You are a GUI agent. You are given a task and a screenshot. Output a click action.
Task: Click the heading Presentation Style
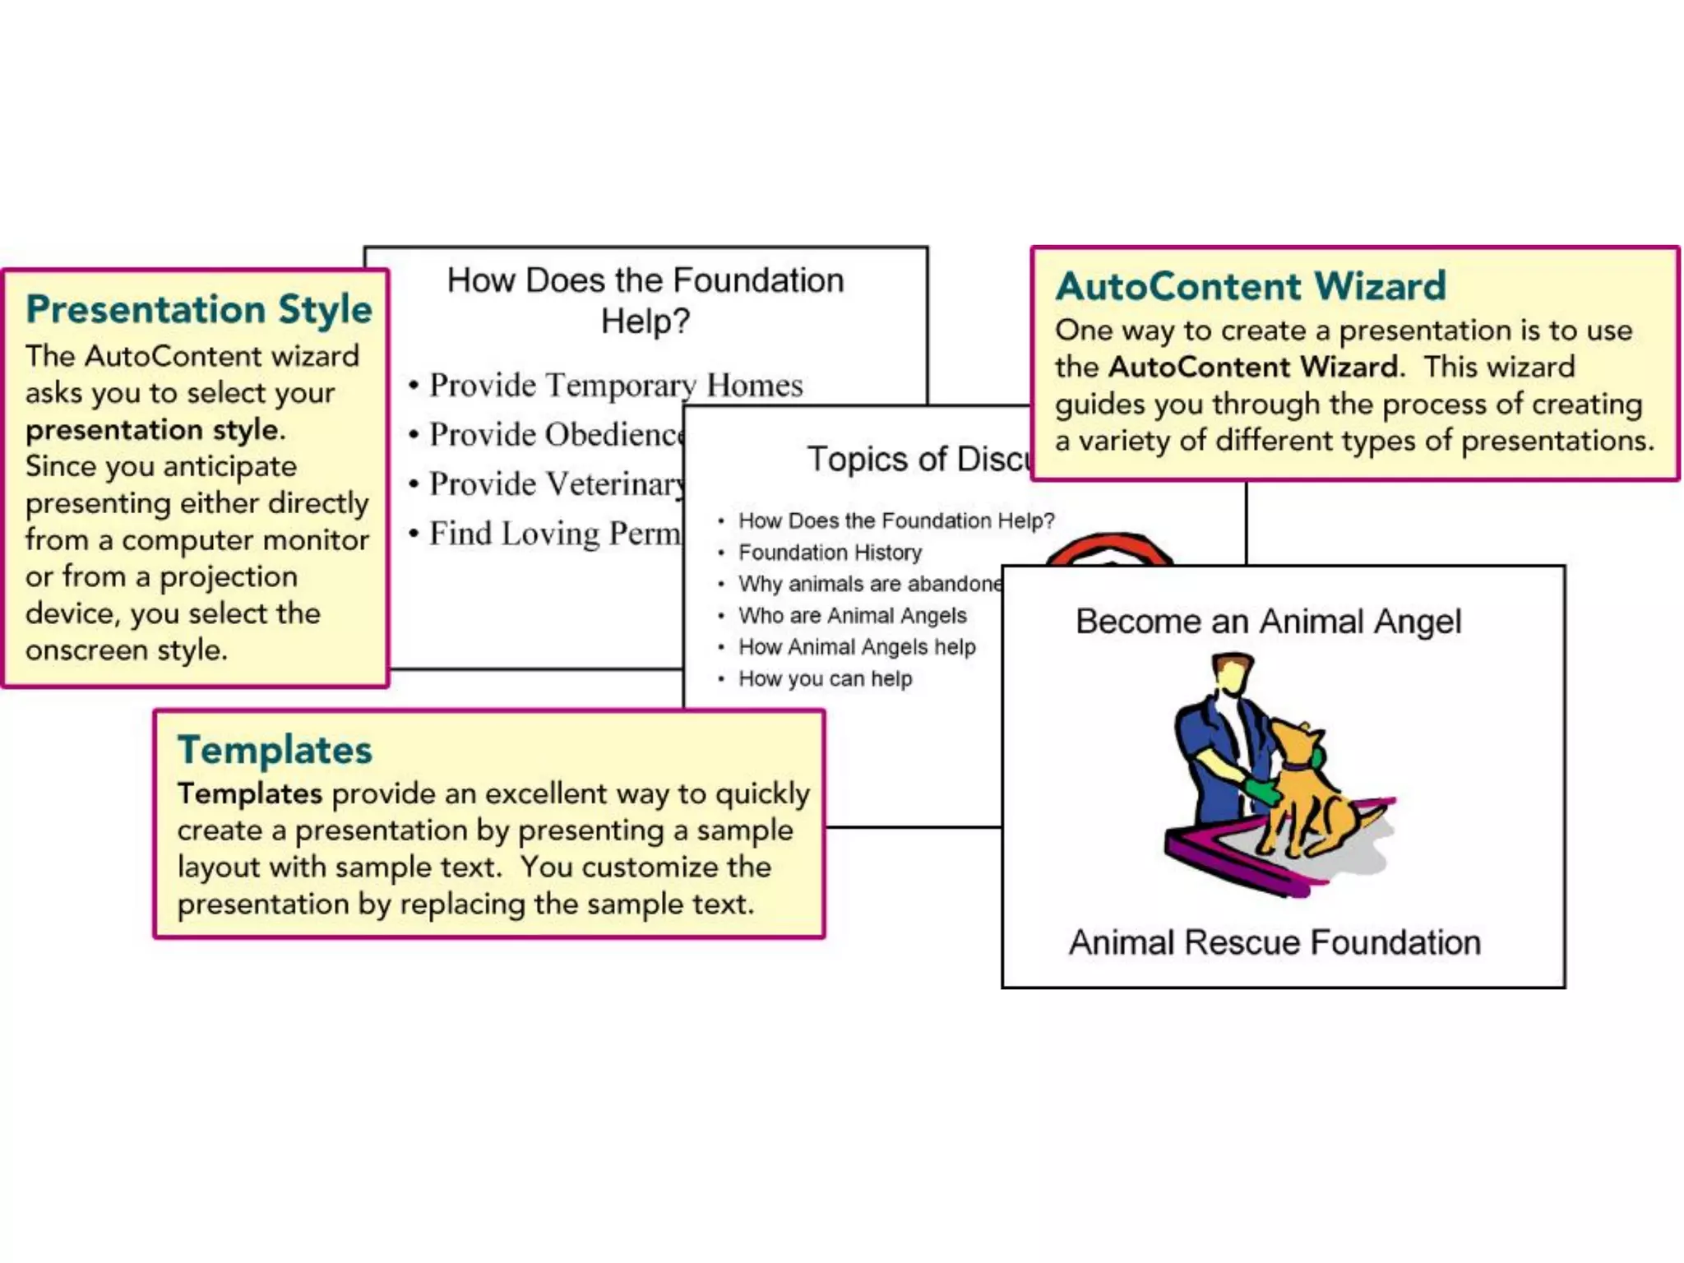[x=198, y=309]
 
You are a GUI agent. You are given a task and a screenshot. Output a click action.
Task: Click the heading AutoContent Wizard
[x=1250, y=286]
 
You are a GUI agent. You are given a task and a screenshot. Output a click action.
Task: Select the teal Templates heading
[x=275, y=750]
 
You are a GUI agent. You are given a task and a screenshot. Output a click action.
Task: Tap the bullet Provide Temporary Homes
[x=615, y=385]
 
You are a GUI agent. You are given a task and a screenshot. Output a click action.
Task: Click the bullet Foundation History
[x=829, y=553]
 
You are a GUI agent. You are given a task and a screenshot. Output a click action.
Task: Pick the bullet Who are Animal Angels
[x=852, y=616]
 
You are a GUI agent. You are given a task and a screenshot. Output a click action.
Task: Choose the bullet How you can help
[x=825, y=679]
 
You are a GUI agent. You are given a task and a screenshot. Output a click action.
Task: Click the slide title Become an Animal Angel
[x=1268, y=622]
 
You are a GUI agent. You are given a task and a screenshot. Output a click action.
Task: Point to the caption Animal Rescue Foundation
[x=1275, y=942]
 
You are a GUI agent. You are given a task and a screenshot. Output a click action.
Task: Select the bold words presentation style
[x=152, y=430]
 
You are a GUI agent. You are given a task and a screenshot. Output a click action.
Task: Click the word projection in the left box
[x=228, y=577]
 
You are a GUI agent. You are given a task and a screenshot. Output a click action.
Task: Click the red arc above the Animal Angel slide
[x=1110, y=547]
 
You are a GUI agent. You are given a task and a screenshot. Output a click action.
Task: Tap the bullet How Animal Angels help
[x=856, y=648]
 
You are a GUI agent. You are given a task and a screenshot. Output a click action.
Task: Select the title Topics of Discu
[x=918, y=459]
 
